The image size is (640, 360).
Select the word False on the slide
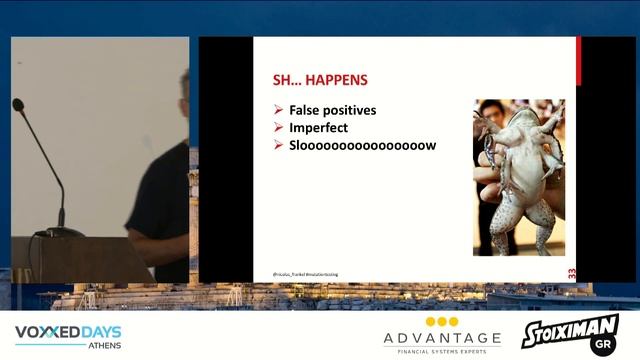tap(305, 110)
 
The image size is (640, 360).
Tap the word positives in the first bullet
tap(350, 110)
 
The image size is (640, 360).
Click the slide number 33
tap(572, 272)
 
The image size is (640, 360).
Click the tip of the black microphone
tap(17, 103)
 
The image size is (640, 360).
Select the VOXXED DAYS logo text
tap(68, 331)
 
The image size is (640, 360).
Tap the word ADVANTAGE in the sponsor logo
tap(442, 338)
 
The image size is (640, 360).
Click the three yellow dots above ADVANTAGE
tap(442, 322)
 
